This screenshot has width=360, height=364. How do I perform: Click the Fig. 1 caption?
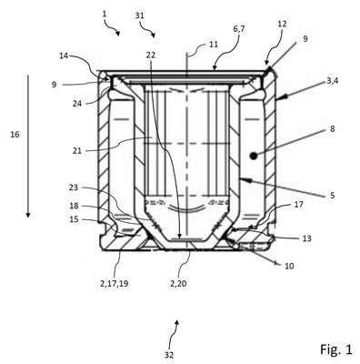pos(336,349)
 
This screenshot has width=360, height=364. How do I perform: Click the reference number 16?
pos(15,135)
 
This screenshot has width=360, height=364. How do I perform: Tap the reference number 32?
pos(169,355)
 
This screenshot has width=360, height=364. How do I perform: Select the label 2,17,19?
pos(114,284)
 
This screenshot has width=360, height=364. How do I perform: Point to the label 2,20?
pos(178,284)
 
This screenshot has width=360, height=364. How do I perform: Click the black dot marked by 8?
pos(253,156)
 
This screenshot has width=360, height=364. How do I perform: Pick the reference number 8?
pos(333,129)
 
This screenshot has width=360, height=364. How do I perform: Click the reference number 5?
pos(333,195)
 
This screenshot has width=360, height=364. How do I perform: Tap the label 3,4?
pos(333,81)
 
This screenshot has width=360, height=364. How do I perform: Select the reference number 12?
pos(282,24)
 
